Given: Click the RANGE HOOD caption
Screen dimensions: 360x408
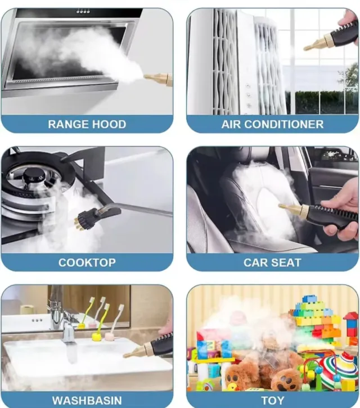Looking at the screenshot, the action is [87, 124].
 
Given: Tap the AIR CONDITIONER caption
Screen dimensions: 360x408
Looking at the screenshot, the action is [272, 124].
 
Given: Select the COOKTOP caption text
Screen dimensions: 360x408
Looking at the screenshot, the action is [87, 262].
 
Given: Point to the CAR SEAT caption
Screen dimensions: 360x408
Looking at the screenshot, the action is [272, 262].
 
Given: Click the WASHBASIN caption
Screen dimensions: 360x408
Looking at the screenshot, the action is [87, 400].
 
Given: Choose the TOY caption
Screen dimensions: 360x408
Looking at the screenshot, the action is [272, 400].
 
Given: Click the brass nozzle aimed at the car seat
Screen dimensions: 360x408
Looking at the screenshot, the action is [294, 210].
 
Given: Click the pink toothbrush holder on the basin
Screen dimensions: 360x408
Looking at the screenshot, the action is [110, 337].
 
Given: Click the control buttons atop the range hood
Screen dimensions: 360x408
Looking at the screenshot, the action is [83, 12].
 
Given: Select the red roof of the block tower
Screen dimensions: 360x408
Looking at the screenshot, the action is [350, 316].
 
